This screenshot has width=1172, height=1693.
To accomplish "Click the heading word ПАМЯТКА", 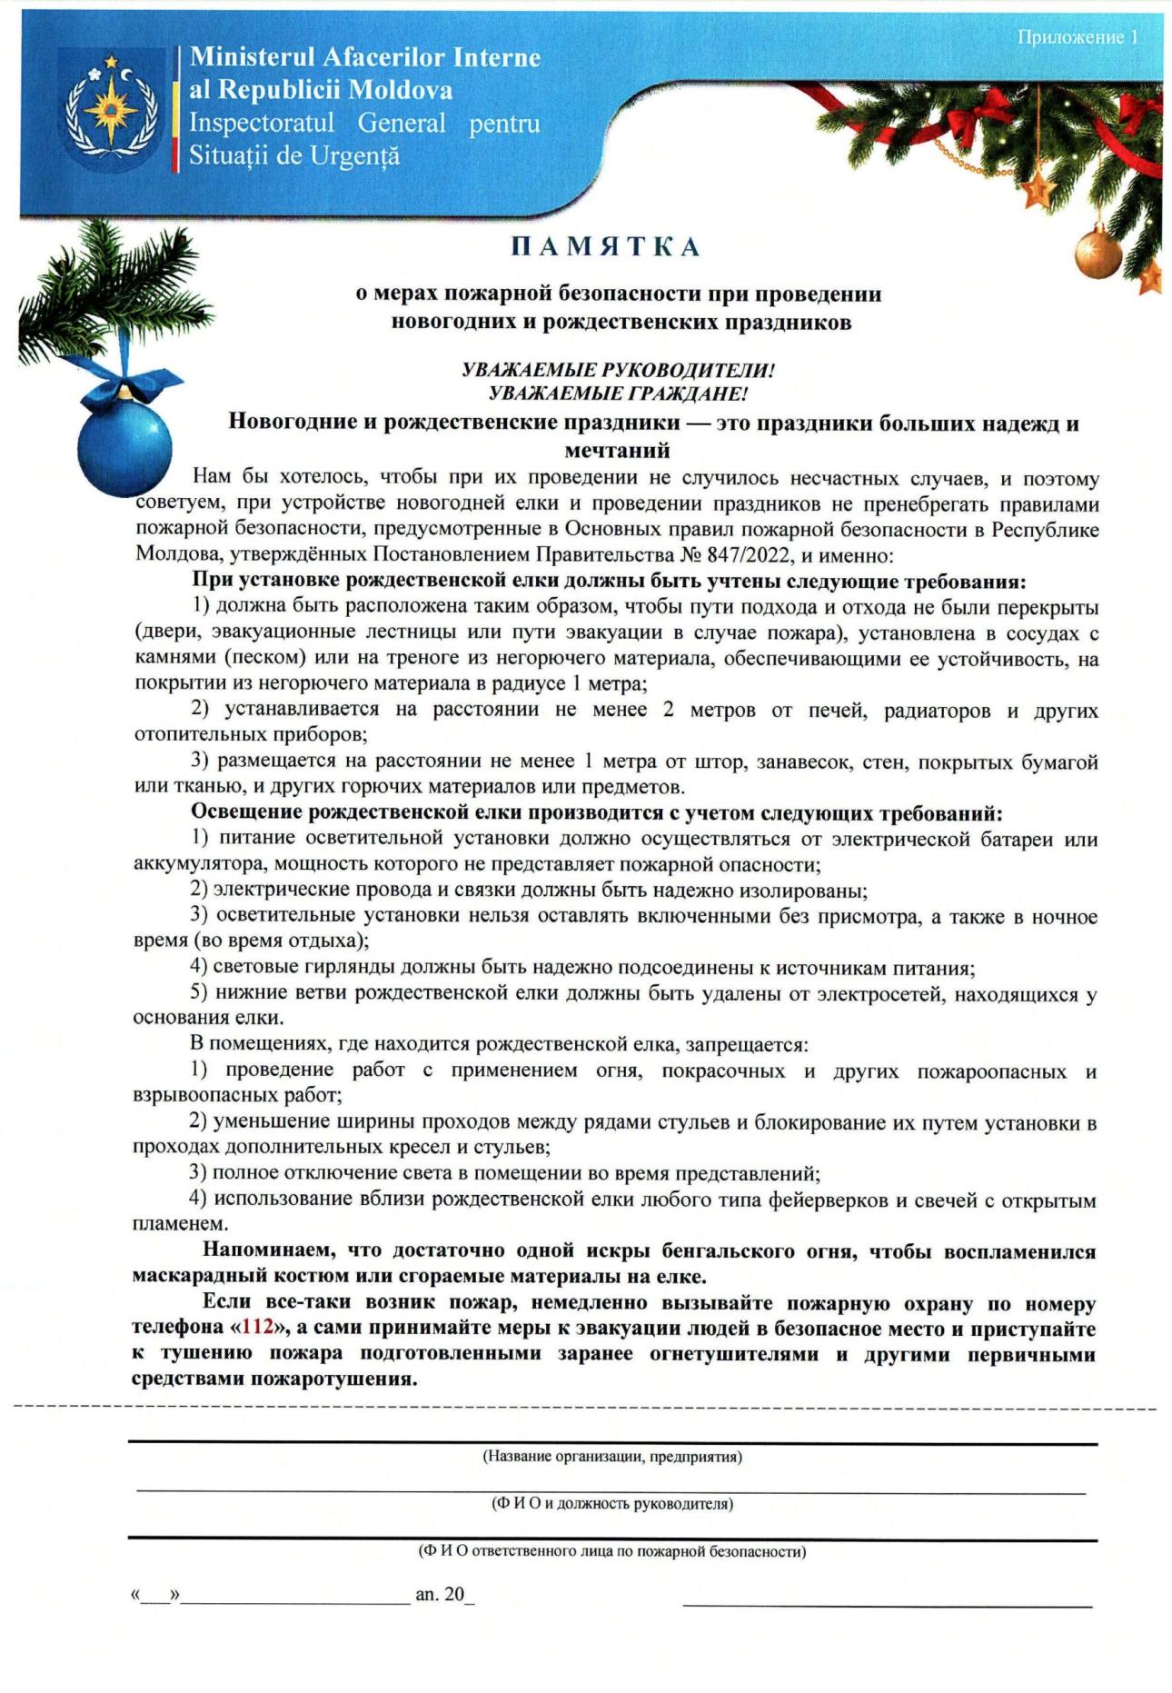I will [605, 247].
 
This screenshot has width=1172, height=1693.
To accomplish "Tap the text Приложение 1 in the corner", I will [1077, 37].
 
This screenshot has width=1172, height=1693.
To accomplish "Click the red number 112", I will [258, 1328].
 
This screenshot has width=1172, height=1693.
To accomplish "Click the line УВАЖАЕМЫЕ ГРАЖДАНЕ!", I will [618, 393].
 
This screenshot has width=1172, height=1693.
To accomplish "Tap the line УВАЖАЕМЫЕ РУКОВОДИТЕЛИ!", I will [618, 370].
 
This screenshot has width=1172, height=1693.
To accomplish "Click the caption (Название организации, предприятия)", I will [611, 1457].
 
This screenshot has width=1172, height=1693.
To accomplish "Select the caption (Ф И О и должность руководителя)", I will [611, 1504].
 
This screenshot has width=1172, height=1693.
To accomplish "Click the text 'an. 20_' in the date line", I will [444, 1594].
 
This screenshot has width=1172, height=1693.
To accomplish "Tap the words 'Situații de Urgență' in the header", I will [294, 156].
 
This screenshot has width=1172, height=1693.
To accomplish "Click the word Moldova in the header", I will [401, 90].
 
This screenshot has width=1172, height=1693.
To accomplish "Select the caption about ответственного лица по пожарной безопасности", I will [611, 1551].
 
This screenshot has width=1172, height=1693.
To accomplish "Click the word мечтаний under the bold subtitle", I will [617, 451].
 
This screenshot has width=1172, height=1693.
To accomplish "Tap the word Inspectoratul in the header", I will [262, 124].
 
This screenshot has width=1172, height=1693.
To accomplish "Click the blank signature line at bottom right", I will [887, 1605].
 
